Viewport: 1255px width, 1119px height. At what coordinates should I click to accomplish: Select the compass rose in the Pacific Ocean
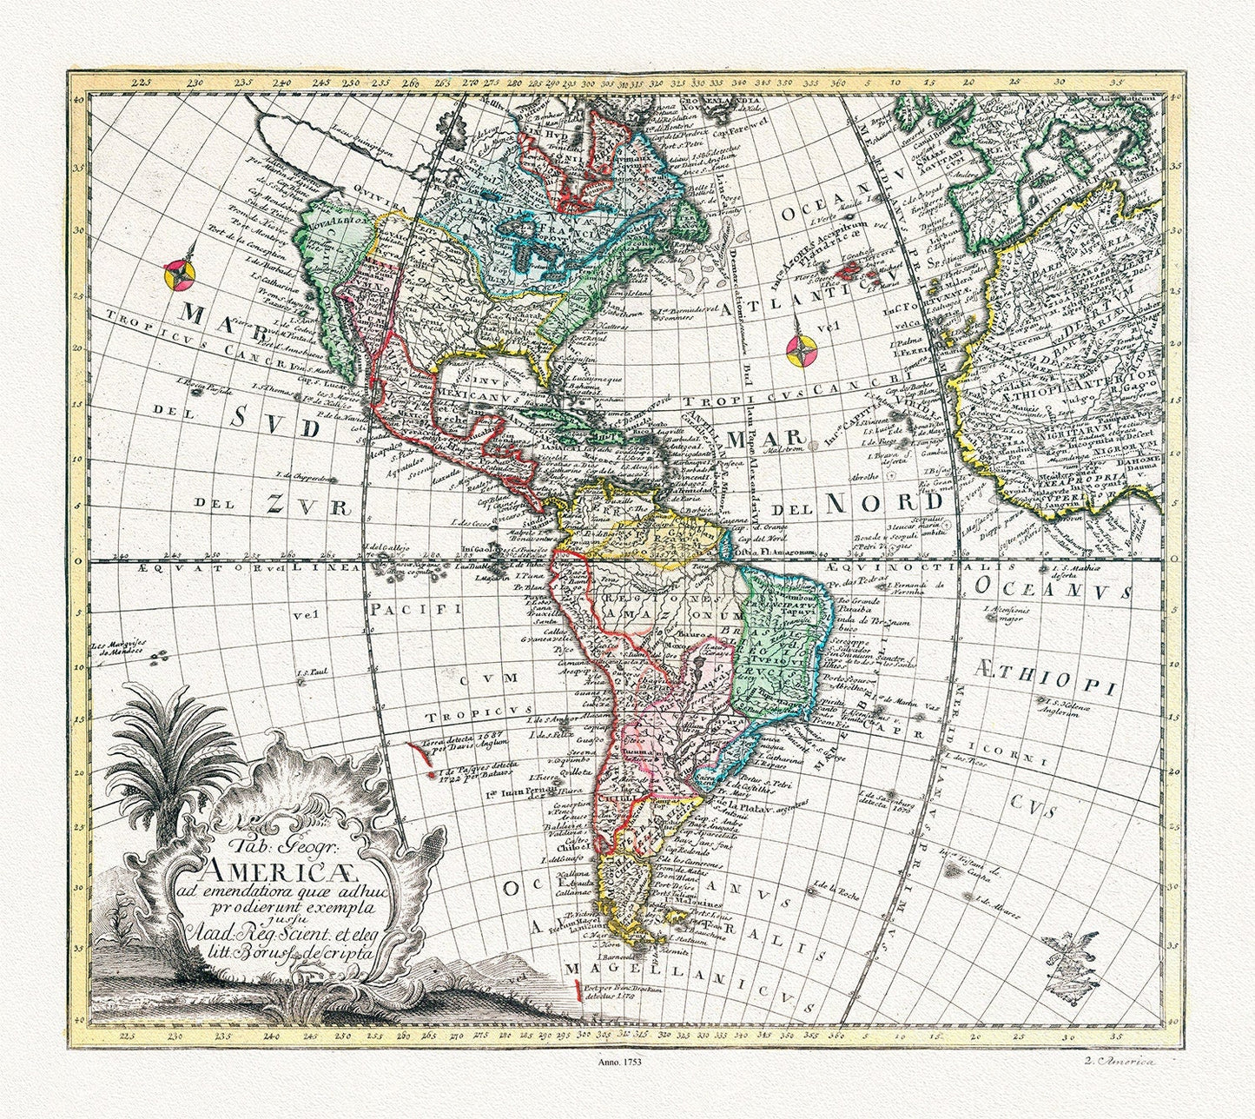coord(179,275)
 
